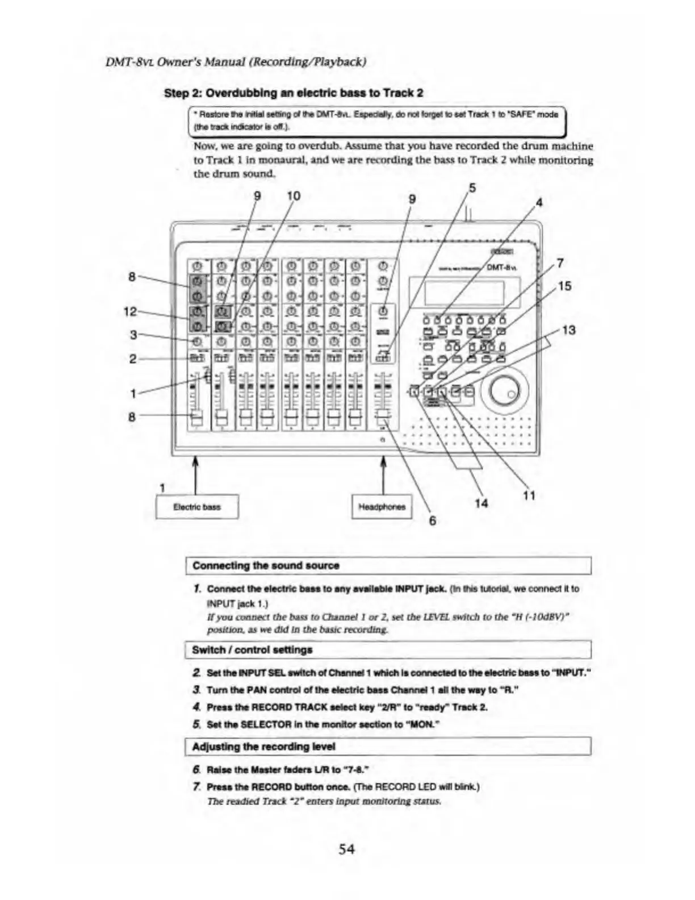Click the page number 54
point(347,849)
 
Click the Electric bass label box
point(196,507)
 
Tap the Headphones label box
point(382,507)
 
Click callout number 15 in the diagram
point(564,286)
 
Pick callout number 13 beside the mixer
point(568,330)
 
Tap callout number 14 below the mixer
point(481,503)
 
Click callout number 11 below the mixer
point(529,495)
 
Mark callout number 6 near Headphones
point(432,520)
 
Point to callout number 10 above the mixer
point(293,196)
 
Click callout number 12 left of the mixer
point(131,311)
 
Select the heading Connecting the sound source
point(266,566)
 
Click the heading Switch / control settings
point(252,649)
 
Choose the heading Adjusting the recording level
point(263,747)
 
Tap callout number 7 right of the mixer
point(560,263)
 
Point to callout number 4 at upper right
point(539,202)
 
